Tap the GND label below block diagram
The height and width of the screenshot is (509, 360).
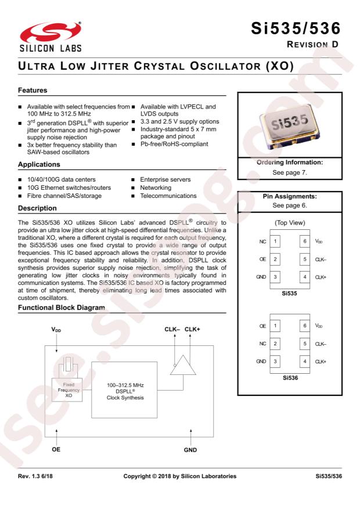(x=191, y=448)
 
